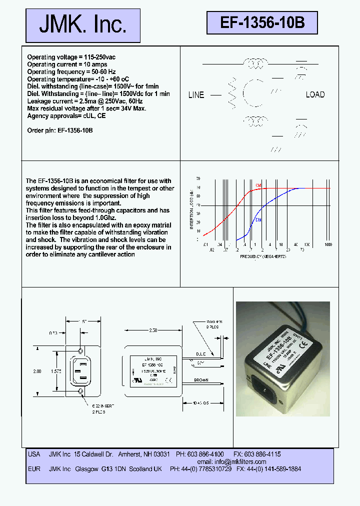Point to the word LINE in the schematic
[196, 95]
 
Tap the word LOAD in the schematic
[315, 94]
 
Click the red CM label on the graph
[258, 185]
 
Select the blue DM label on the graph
[258, 220]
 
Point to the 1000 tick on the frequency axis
[328, 244]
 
